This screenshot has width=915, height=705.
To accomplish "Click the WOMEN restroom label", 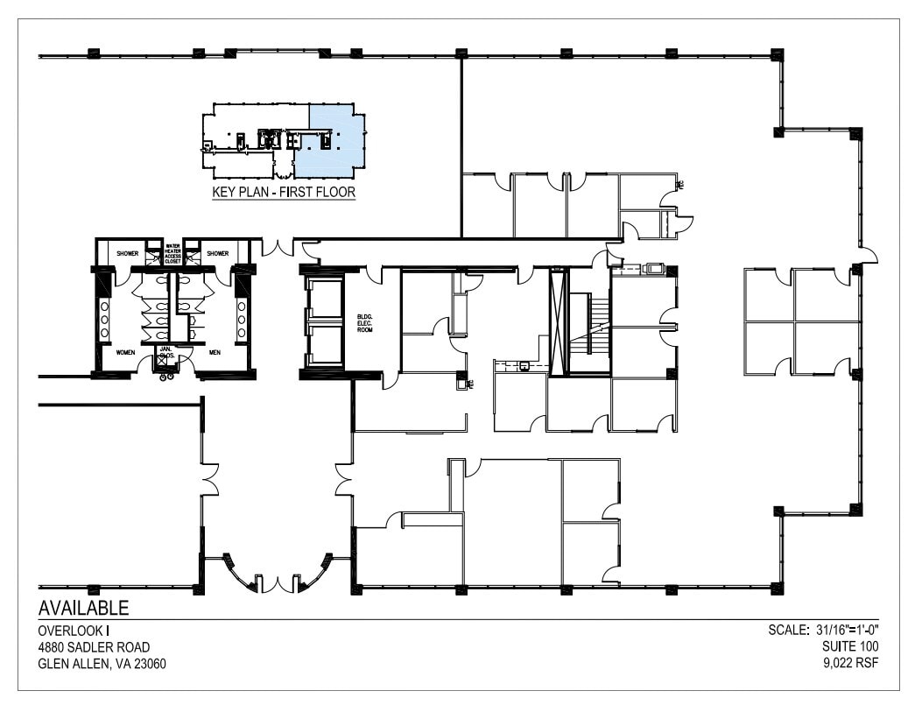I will (x=125, y=352).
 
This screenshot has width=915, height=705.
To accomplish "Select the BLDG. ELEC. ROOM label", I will (x=365, y=321).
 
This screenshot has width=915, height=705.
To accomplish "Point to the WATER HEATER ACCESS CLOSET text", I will (x=172, y=253).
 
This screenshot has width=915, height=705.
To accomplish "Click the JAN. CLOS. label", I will (x=164, y=353).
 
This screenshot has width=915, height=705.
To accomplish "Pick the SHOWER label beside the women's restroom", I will (x=128, y=253).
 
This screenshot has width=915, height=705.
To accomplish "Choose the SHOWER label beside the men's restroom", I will (x=217, y=253).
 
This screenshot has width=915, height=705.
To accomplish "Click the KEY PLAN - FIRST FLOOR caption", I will (x=284, y=192).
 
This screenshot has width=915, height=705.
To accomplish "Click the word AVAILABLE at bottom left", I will (x=84, y=608).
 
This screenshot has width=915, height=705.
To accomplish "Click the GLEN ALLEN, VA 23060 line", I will (x=102, y=663).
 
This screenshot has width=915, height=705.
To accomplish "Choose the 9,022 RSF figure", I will (x=850, y=663).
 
